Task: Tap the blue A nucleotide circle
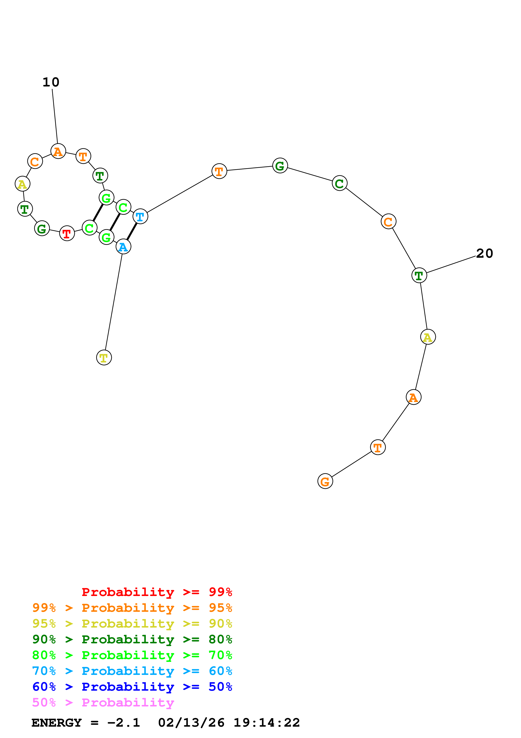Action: click(123, 247)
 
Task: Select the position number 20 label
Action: click(484, 254)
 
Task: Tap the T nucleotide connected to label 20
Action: click(419, 275)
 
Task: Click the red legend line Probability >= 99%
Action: click(157, 592)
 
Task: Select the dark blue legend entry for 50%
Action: click(132, 687)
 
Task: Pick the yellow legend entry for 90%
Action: click(132, 624)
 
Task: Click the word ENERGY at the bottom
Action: click(57, 723)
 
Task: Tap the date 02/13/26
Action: click(191, 723)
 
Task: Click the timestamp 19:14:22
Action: click(266, 723)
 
